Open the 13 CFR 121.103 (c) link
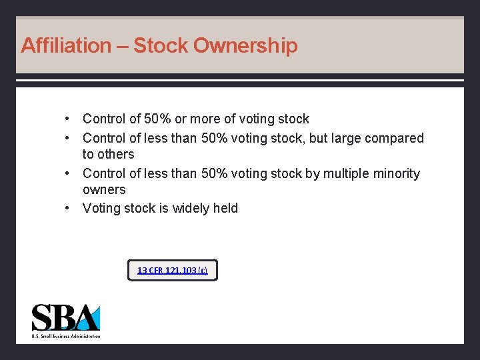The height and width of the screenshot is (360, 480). coord(172,270)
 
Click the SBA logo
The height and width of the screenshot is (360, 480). coord(66,318)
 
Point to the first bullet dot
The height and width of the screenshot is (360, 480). coord(68,119)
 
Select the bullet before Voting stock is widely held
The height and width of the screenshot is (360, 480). coord(68,209)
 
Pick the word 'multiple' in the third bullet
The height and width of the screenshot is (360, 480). coord(347,174)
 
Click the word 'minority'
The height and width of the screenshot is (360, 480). coord(397,174)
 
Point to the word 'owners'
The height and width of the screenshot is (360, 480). coord(104,190)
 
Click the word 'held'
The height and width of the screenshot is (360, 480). coord(225,209)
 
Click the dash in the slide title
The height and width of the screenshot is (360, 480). coord(122,46)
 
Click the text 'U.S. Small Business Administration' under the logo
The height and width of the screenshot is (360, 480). coord(66,336)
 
